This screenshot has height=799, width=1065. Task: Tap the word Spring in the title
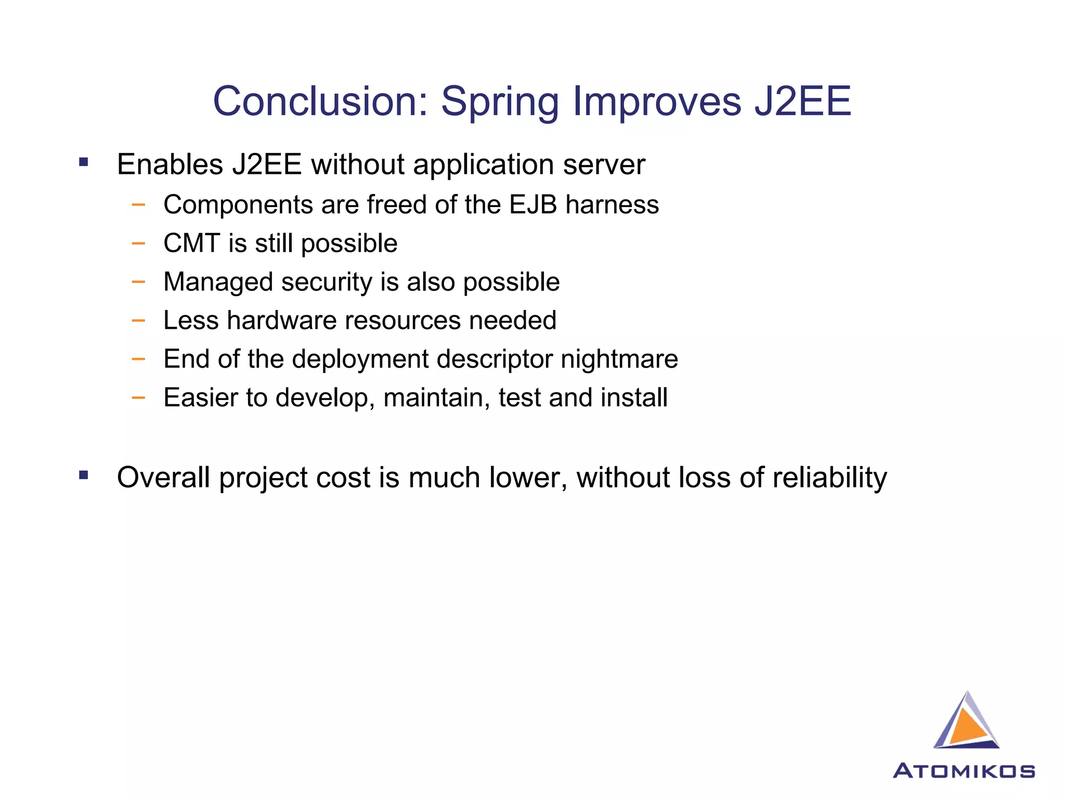(x=500, y=102)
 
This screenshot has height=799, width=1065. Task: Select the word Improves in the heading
(x=656, y=102)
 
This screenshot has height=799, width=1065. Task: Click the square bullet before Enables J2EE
(x=84, y=162)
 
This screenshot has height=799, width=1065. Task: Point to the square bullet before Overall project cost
(x=84, y=475)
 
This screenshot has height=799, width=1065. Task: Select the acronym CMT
(x=191, y=243)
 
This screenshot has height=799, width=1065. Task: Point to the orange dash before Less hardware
(x=138, y=320)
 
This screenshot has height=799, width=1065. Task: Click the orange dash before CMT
(x=138, y=243)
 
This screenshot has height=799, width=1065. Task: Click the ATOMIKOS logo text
(x=964, y=770)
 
